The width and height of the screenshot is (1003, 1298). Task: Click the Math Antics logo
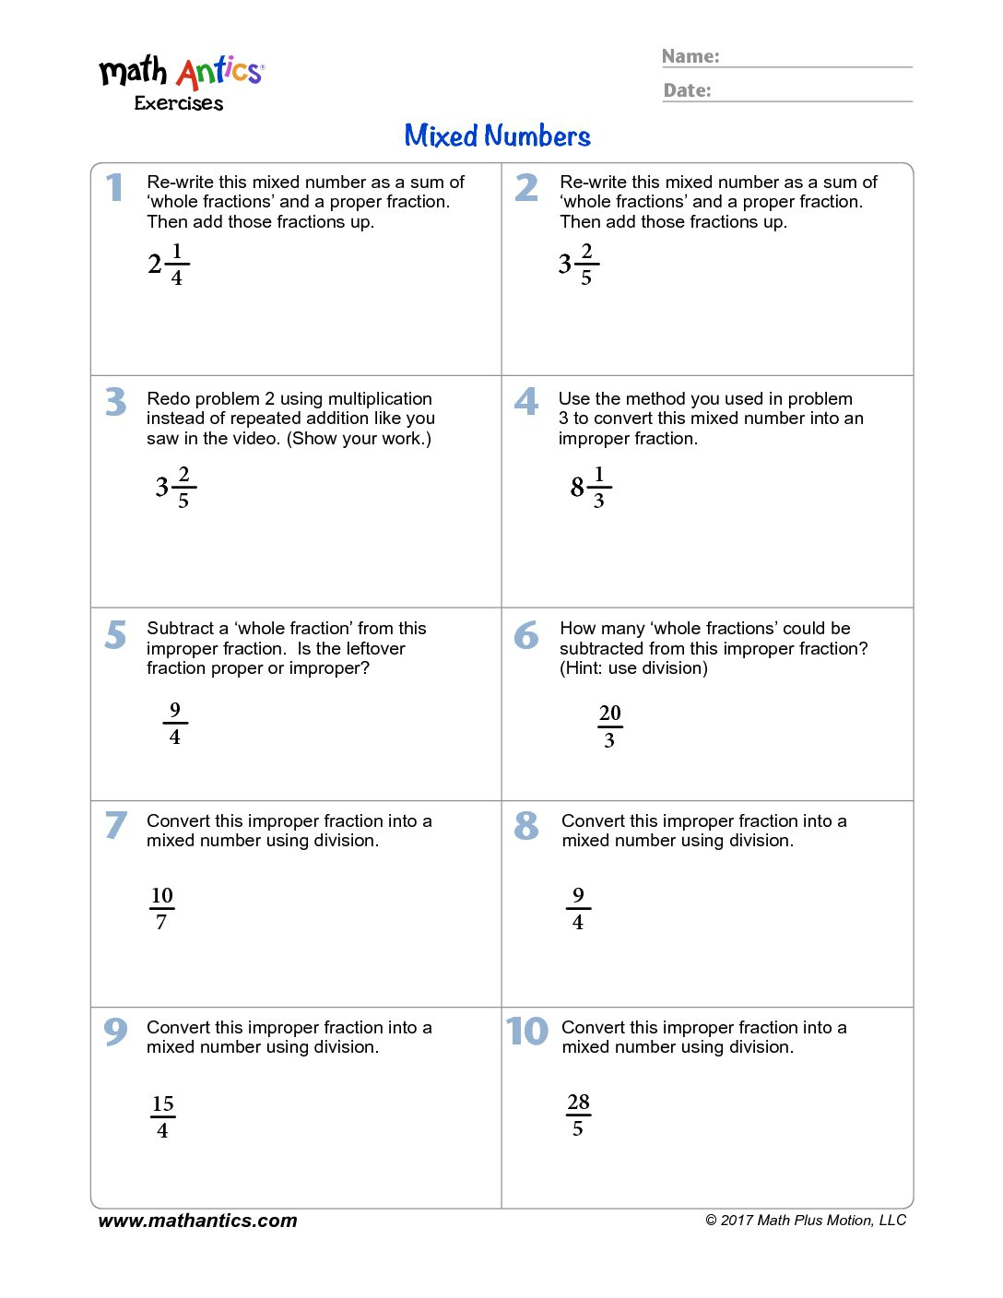182,72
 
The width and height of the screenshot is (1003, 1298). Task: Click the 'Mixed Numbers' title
497,136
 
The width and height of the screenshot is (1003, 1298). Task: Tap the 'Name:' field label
690,56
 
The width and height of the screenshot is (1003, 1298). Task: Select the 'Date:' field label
688,90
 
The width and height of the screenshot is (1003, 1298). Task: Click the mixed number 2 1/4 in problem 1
169,265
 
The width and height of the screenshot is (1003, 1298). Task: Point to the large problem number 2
526,188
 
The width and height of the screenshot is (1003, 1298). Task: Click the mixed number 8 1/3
591,487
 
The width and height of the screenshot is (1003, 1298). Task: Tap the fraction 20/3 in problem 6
609,726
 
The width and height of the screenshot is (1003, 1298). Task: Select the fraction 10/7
161,909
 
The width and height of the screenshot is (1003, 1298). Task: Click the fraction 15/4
163,1117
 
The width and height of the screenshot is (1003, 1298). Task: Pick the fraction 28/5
578,1115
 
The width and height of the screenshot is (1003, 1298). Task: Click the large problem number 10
527,1031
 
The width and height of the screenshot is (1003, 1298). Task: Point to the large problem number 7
115,824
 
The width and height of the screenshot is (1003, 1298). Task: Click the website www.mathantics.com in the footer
197,1221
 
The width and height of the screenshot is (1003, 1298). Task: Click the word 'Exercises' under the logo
179,103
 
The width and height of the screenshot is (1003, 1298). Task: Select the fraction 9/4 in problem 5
175,724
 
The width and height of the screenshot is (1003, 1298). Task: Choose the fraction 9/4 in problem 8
578,909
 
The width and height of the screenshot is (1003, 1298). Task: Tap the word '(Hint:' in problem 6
581,668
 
